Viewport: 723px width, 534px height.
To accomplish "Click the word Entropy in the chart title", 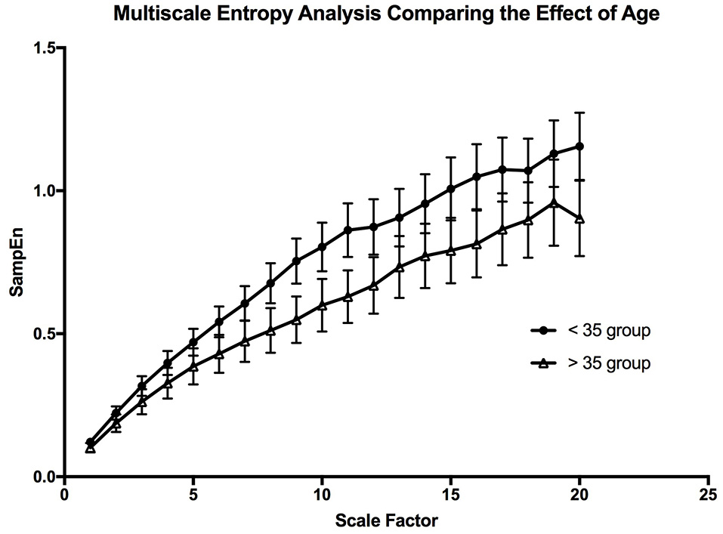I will pyautogui.click(x=280, y=14).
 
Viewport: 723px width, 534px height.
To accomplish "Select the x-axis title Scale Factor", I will pyautogui.click(x=386, y=520).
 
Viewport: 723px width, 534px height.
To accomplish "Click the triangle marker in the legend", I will pyautogui.click(x=542, y=363).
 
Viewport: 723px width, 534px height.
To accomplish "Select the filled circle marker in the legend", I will pyautogui.click(x=542, y=331).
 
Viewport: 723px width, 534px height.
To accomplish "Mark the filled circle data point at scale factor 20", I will pyautogui.click(x=579, y=146).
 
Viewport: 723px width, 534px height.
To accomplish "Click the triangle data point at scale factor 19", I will pyautogui.click(x=554, y=202).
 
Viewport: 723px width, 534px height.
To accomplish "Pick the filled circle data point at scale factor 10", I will pyautogui.click(x=323, y=247).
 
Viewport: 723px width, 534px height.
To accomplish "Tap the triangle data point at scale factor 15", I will pyautogui.click(x=451, y=251).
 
